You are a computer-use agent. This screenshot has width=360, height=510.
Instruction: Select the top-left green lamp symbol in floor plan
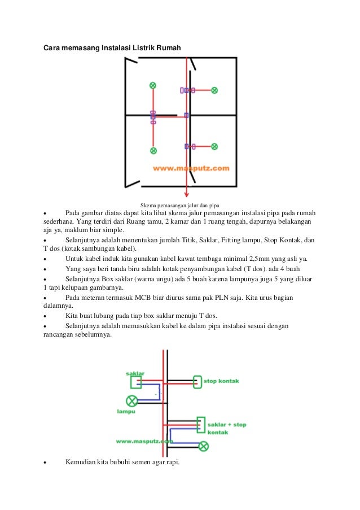coord(153,85)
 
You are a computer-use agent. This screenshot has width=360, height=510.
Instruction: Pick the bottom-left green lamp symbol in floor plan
coord(153,151)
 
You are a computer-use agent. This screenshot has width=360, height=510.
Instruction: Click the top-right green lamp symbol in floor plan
coord(214,90)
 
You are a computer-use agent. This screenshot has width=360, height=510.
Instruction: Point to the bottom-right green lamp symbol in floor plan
coord(214,146)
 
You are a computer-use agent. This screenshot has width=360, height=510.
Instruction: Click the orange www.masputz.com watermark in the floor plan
coord(191,168)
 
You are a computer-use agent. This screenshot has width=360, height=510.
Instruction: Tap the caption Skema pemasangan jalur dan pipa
coord(180,204)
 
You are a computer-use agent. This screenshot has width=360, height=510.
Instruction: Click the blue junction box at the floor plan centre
coord(187,115)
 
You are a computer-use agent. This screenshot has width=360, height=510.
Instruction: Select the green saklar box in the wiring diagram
coord(136,382)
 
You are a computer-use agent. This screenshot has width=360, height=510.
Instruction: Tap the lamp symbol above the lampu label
coord(131,401)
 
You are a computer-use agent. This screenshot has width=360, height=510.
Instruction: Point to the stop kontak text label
coord(221,381)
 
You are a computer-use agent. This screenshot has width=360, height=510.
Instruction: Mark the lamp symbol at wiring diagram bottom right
coord(204,446)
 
